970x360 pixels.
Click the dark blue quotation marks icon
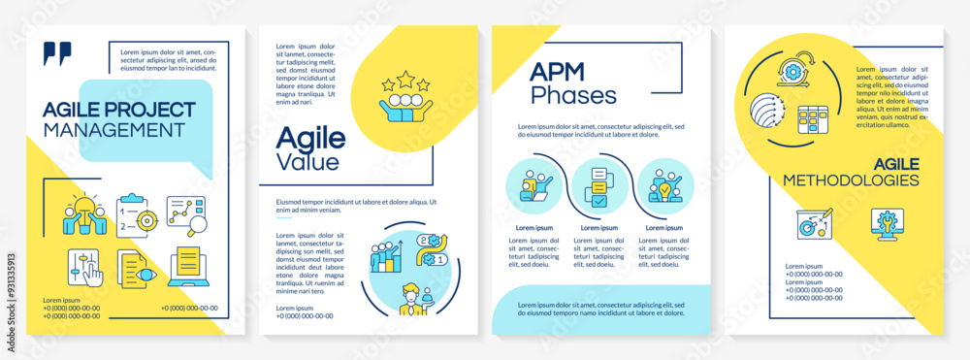57,54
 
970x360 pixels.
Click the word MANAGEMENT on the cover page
113,128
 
